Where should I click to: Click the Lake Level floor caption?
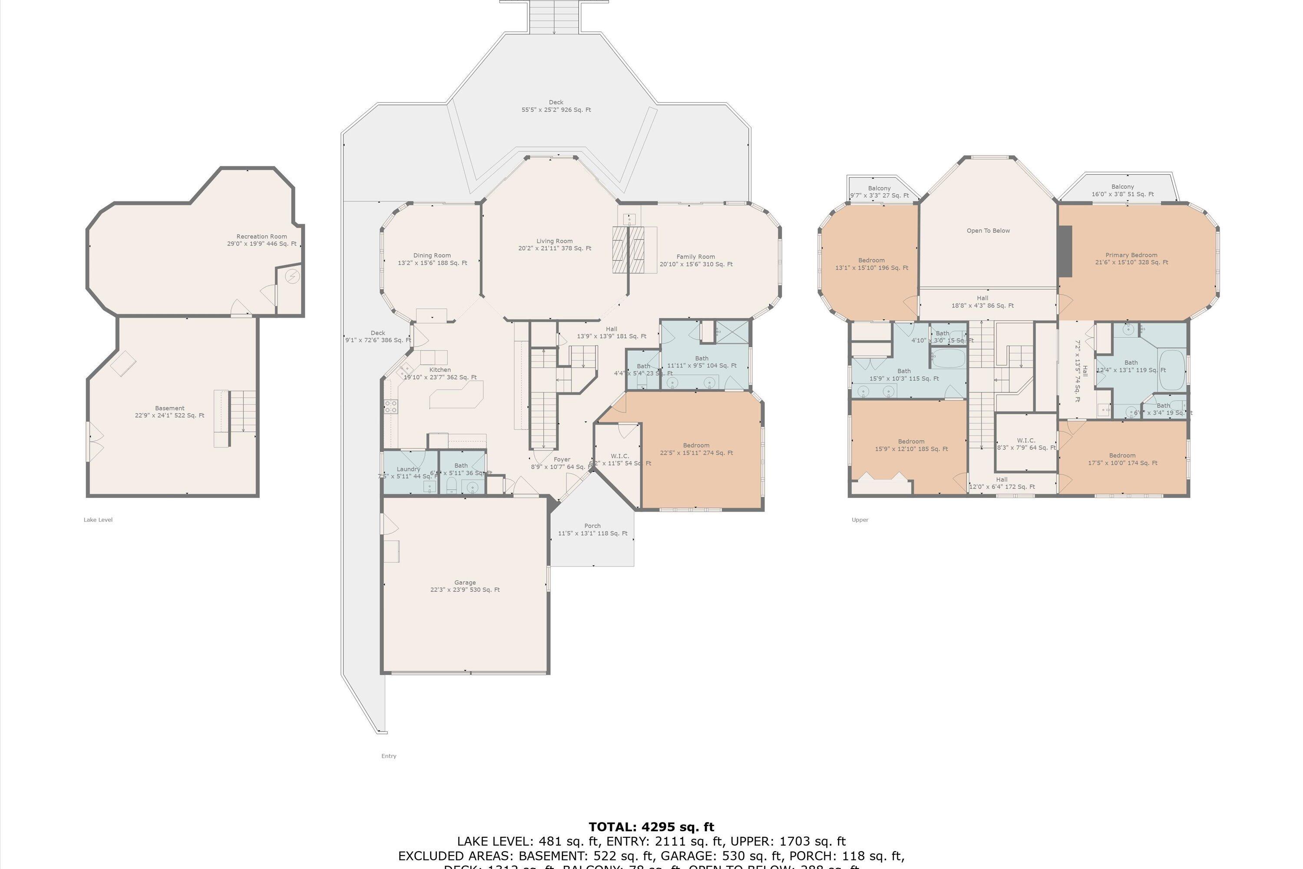(x=98, y=520)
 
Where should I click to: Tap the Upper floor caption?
(x=860, y=520)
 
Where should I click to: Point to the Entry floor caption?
(x=388, y=756)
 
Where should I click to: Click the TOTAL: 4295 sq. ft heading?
(x=651, y=827)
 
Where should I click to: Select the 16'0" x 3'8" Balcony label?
(x=1122, y=191)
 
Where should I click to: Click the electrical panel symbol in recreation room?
(x=292, y=276)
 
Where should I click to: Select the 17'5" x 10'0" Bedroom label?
(x=1122, y=459)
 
